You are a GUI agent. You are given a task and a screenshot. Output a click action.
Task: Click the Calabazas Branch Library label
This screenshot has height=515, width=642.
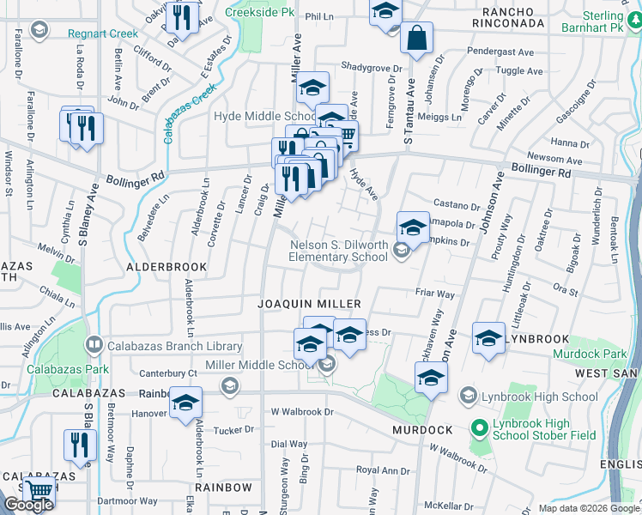point(175,346)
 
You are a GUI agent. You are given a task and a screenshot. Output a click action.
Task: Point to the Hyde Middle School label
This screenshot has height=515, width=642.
point(264,117)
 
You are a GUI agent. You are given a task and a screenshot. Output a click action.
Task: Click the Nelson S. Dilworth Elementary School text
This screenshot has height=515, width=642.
point(337,250)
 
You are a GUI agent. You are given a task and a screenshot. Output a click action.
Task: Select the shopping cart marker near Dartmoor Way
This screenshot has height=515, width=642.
point(39,493)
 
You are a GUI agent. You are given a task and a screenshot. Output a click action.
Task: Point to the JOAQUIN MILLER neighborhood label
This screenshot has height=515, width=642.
point(310,304)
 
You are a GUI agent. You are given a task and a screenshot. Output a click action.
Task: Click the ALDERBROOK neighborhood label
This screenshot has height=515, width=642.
point(167,267)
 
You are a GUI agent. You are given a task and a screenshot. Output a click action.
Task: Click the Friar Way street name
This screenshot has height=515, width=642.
point(433,294)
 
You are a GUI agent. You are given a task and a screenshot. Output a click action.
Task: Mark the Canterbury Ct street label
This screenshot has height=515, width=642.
point(168,373)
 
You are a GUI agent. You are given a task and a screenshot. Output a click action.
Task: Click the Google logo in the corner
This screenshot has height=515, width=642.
point(28,505)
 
